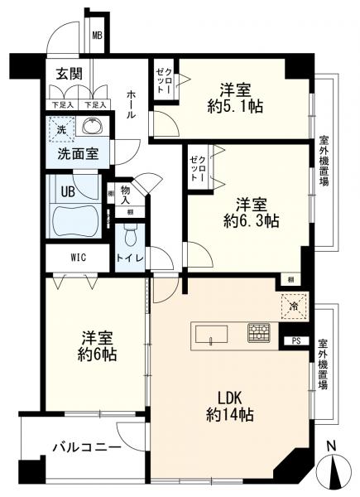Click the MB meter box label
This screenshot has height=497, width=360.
pyautogui.click(x=97, y=36)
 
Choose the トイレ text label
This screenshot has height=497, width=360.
pyautogui.click(x=133, y=258)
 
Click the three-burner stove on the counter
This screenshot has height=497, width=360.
pyautogui.click(x=257, y=334)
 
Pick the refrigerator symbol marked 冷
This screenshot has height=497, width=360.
pyautogui.click(x=295, y=306)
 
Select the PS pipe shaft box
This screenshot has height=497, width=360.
pyautogui.click(x=295, y=340)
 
